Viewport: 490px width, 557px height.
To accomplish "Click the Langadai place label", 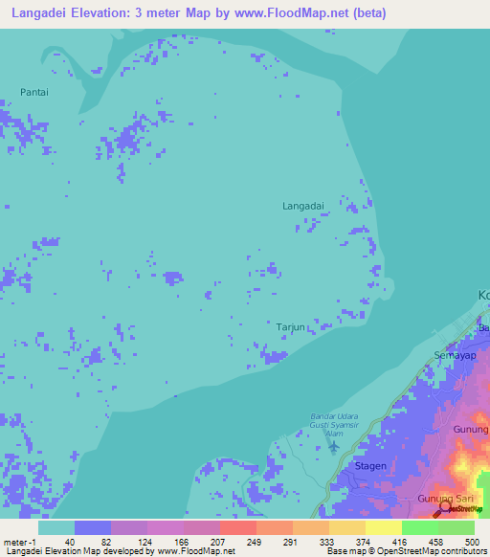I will click(x=302, y=206).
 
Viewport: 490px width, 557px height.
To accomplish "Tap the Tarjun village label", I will click(x=290, y=326).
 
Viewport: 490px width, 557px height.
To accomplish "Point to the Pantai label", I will click(x=33, y=92).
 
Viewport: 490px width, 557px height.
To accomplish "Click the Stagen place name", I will click(x=370, y=466).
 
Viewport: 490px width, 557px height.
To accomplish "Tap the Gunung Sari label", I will click(x=444, y=500).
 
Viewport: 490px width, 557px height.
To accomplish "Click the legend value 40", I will click(x=70, y=542).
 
